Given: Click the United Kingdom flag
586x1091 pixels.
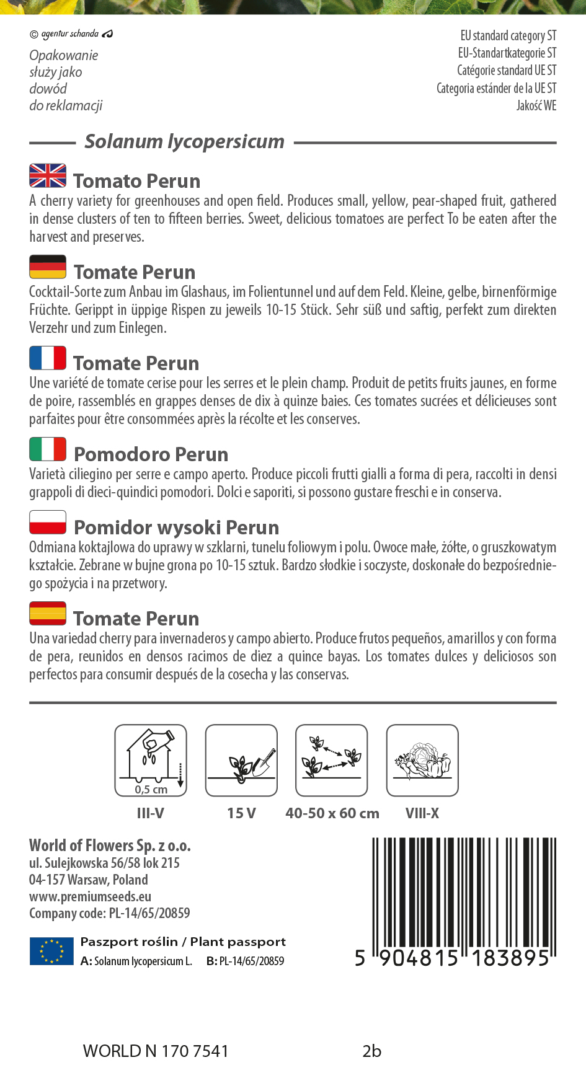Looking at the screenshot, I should (48, 175).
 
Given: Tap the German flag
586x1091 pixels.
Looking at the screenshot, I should (48, 267).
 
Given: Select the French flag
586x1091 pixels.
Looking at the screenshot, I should (48, 358).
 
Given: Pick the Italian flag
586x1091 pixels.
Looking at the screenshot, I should (48, 449).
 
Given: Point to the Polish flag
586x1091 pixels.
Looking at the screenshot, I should (48, 522).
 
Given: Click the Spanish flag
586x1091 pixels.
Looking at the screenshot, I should (48, 613).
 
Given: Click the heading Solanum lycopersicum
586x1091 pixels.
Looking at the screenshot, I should (184, 141).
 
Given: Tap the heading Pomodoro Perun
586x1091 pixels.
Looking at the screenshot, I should (151, 454).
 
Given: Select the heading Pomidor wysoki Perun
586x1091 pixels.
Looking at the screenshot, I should (176, 528).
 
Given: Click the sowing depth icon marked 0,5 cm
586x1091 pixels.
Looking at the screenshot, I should (151, 760).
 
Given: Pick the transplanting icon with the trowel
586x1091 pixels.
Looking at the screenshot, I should (241, 760).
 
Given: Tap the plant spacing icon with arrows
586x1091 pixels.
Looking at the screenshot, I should (332, 760).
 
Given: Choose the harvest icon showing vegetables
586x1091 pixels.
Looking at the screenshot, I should (422, 760).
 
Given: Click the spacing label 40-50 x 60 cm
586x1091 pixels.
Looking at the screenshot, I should (332, 813).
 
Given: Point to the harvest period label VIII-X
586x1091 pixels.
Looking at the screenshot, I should (422, 813).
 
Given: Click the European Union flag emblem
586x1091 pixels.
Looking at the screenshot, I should (51, 951).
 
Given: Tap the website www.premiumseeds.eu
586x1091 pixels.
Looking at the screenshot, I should (91, 896).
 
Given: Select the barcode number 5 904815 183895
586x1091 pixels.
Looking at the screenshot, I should (453, 958).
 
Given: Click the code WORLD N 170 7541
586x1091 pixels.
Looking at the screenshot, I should (156, 1051).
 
